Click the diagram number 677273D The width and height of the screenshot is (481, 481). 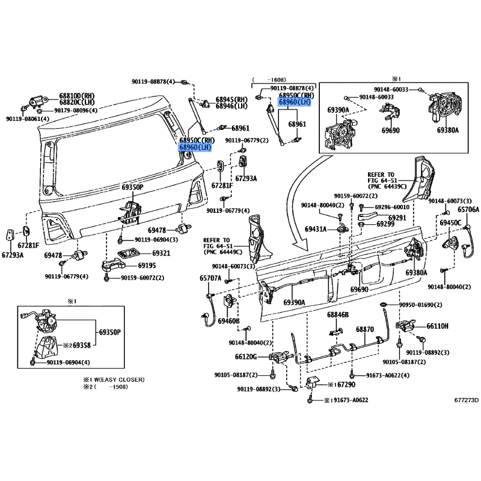(x=467, y=400)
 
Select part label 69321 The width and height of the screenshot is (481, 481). (x=161, y=253)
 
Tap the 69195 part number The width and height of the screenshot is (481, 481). (x=147, y=265)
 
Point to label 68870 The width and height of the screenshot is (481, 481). (x=365, y=329)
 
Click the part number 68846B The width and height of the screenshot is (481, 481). (x=338, y=314)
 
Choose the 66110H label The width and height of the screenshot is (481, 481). (x=437, y=326)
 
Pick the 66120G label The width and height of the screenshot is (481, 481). (x=246, y=357)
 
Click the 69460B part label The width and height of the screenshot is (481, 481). (x=228, y=321)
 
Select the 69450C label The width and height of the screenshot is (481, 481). (x=450, y=222)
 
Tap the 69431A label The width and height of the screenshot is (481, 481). (x=316, y=229)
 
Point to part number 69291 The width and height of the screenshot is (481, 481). (x=397, y=218)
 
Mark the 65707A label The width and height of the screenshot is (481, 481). (x=210, y=278)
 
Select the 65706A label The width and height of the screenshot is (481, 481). (x=468, y=209)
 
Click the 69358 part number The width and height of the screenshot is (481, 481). (x=82, y=345)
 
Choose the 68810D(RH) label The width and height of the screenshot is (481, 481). (x=77, y=96)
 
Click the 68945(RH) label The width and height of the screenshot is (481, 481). (x=231, y=99)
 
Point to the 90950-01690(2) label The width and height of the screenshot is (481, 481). (x=420, y=305)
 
